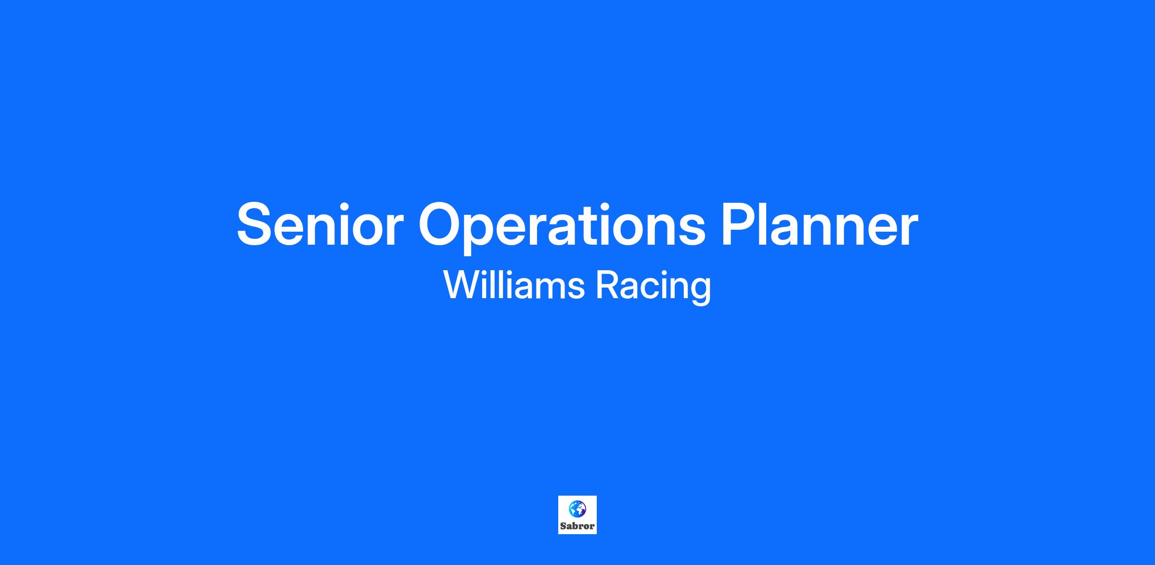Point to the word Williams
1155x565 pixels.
(514, 285)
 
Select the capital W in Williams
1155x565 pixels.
(461, 285)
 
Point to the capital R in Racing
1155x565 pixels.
(607, 285)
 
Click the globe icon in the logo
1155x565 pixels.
(577, 508)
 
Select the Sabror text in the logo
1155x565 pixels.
(577, 526)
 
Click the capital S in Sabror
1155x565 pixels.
(563, 526)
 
